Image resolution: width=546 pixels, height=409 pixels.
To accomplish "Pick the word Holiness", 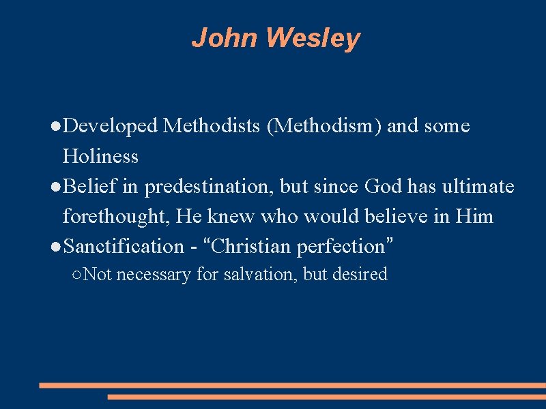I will pos(100,157).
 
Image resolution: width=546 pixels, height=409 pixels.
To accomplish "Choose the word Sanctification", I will pos(124,246).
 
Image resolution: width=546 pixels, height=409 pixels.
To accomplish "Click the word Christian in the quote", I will pos(252,246).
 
